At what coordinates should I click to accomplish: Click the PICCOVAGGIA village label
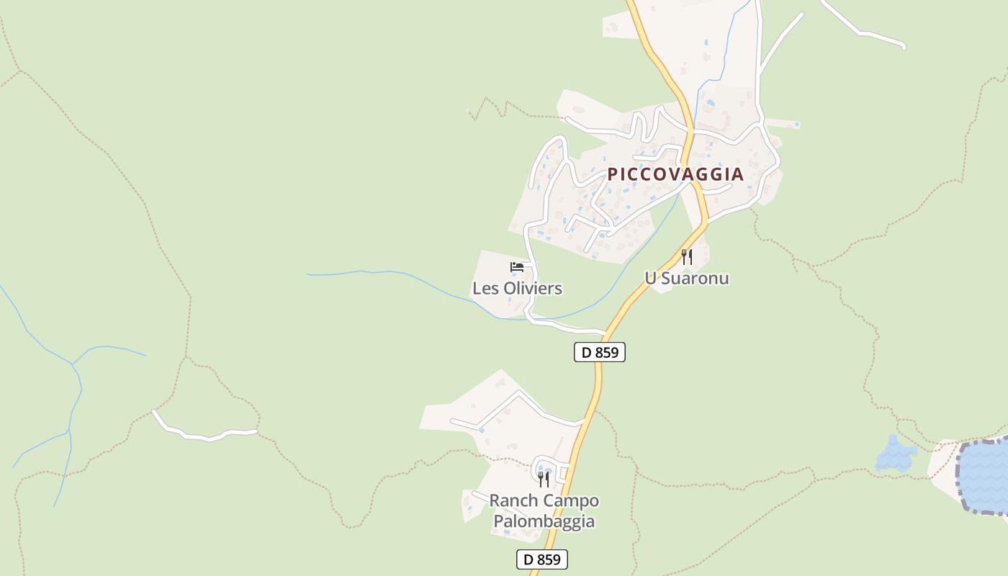(675, 174)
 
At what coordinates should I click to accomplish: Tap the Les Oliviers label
(517, 289)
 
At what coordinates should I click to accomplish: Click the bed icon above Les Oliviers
(517, 267)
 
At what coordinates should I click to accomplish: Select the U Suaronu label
(686, 278)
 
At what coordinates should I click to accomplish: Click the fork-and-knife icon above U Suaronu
(687, 256)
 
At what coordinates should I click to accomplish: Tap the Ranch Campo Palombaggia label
(544, 510)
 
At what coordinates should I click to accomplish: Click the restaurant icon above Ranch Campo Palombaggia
(544, 479)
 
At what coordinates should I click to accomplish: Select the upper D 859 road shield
(599, 352)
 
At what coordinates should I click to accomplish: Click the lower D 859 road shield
(541, 559)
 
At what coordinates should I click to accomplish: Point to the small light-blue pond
(895, 456)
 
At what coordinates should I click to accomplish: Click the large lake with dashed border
(986, 475)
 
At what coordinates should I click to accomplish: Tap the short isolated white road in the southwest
(205, 433)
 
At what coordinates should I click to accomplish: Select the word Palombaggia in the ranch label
(544, 521)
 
